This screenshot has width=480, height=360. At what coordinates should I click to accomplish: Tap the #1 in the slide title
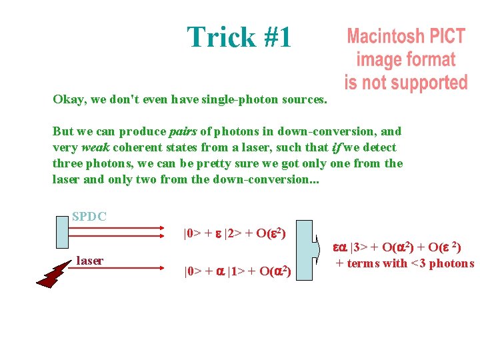tap(276, 37)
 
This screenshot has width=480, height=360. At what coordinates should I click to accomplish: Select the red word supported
tap(429, 83)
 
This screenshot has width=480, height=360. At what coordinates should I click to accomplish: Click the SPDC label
tap(89, 217)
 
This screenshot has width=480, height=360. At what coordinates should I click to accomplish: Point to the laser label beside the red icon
tap(89, 261)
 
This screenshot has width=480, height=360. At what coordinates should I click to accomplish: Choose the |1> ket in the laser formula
tap(235, 271)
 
